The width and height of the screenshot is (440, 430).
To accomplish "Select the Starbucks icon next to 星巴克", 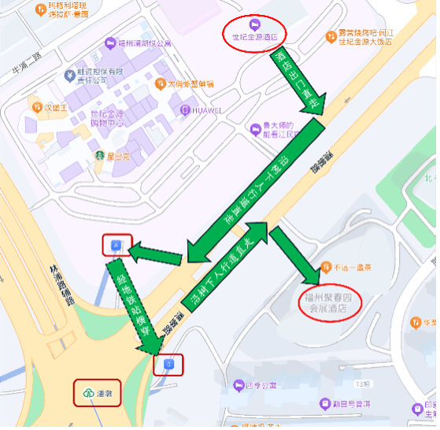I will [x=101, y=155].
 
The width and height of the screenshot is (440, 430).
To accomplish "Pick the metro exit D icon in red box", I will [x=168, y=364].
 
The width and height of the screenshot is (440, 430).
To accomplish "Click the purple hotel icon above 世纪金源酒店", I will [x=254, y=22].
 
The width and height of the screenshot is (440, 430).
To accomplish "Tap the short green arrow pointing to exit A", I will [x=157, y=254].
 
